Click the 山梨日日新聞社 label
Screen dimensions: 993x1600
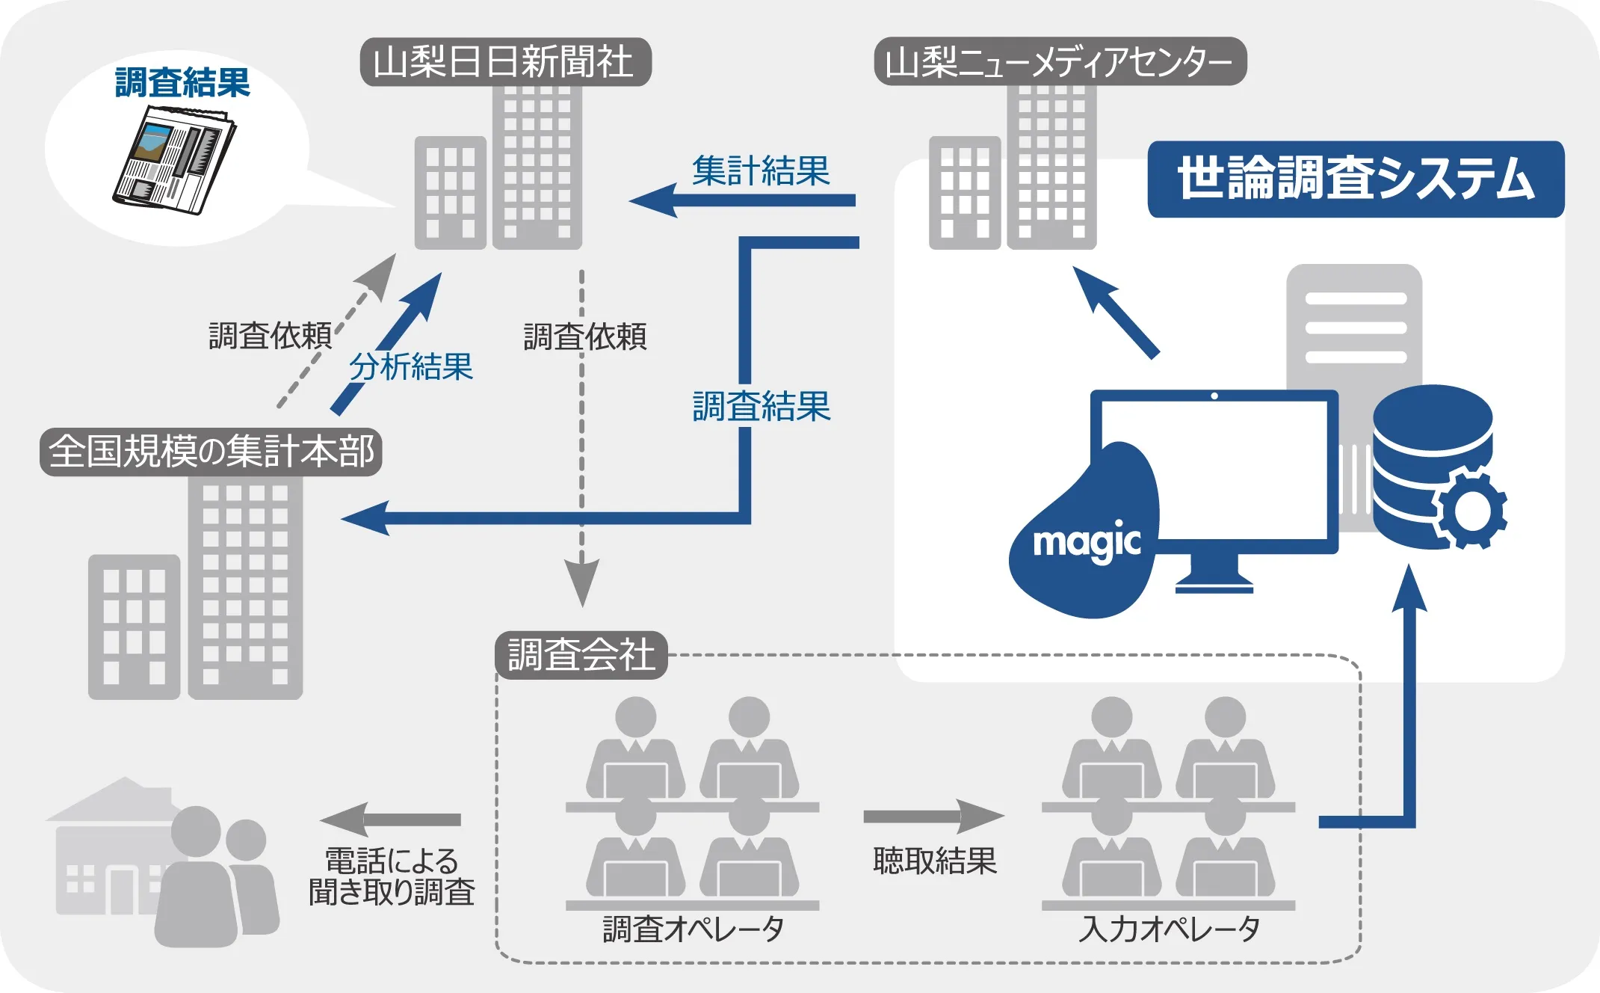pyautogui.click(x=505, y=61)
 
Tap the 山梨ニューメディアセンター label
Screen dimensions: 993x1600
pyautogui.click(x=1060, y=61)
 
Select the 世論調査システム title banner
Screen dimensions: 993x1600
pyautogui.click(x=1356, y=179)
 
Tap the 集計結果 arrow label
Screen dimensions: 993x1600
pyautogui.click(x=761, y=170)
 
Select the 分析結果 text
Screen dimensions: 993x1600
pyautogui.click(x=411, y=367)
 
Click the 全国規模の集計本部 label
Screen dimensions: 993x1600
pyautogui.click(x=211, y=452)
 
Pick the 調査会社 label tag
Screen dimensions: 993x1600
pyautogui.click(x=581, y=655)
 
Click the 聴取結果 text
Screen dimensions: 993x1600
pyautogui.click(x=934, y=861)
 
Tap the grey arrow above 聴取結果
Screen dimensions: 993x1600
pyautogui.click(x=933, y=817)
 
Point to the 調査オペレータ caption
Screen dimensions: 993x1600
pyautogui.click(x=693, y=929)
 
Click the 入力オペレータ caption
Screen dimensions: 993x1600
pyautogui.click(x=1169, y=929)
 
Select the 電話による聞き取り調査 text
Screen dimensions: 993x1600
pyautogui.click(x=392, y=876)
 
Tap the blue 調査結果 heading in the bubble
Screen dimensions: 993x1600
pyautogui.click(x=182, y=82)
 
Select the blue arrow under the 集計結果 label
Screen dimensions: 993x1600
pyautogui.click(x=743, y=200)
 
